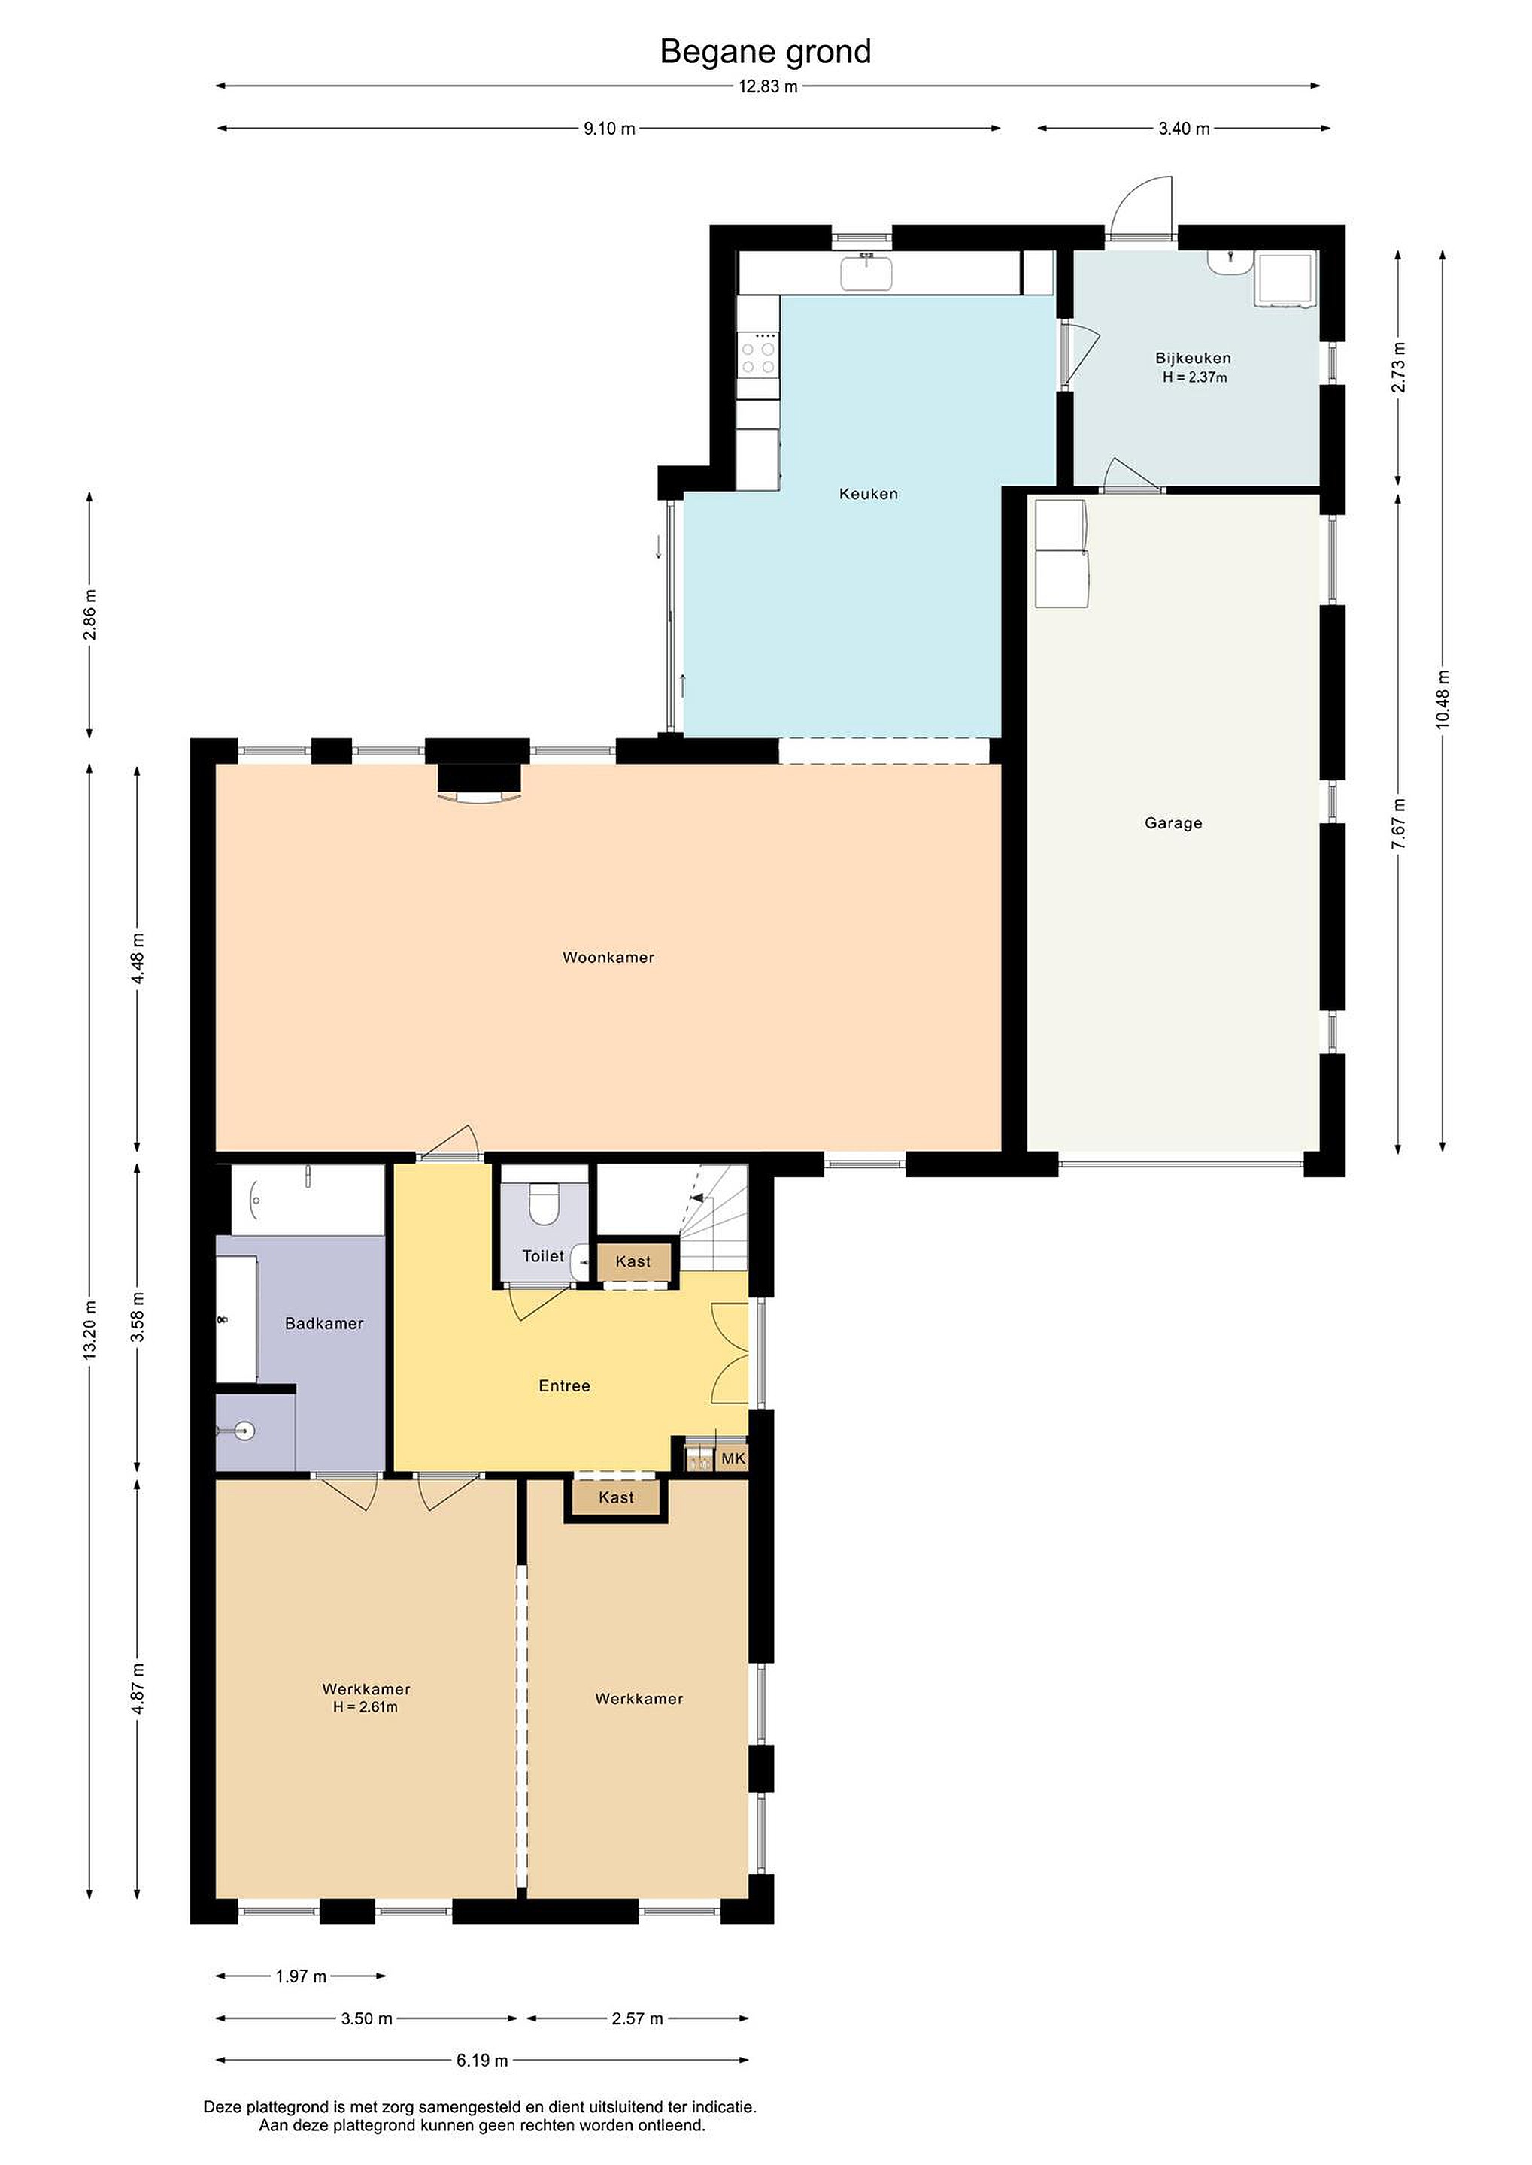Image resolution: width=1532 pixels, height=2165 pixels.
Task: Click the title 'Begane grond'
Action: coord(765,52)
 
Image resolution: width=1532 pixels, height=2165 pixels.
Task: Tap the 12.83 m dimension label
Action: coord(768,86)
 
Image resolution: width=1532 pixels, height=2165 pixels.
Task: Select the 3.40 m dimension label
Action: coord(1184,129)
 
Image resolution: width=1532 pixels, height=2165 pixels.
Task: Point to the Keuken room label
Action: coord(869,493)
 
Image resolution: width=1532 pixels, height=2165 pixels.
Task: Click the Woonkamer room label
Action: coord(608,957)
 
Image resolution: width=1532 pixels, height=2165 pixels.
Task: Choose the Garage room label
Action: coord(1173,823)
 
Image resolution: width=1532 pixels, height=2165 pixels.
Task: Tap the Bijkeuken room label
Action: coord(1194,359)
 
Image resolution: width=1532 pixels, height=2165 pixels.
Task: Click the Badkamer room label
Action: coord(324,1323)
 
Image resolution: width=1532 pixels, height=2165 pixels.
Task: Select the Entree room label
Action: coord(564,1385)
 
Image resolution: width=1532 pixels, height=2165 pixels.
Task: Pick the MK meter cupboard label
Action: coord(733,1458)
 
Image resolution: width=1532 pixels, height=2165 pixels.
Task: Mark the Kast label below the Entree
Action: coord(616,1497)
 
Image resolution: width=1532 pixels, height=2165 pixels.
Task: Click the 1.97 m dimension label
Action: coord(301,1976)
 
